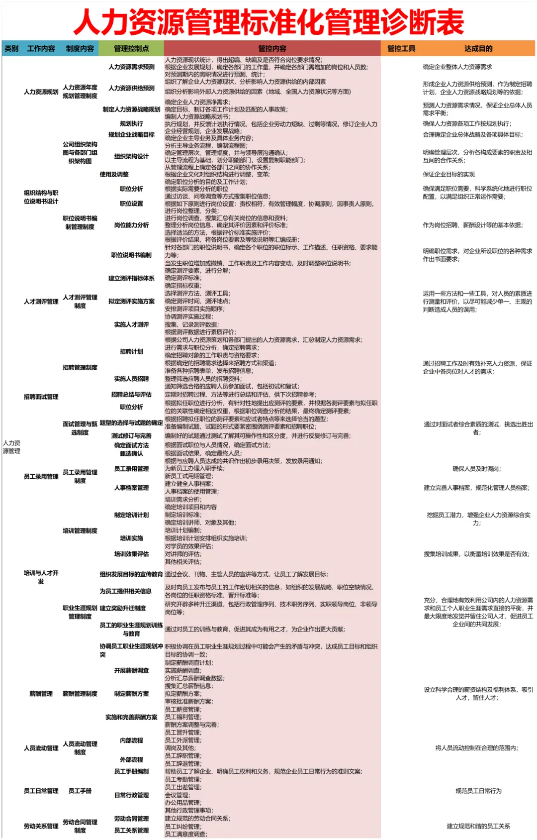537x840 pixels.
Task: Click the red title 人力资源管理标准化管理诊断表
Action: [x=268, y=22]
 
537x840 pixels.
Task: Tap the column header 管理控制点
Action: [x=131, y=48]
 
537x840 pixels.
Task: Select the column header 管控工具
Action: [x=401, y=48]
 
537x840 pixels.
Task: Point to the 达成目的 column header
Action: [x=478, y=48]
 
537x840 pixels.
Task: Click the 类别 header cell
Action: [x=11, y=48]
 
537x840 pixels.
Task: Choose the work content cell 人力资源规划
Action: [x=41, y=92]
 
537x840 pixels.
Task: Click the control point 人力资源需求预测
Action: [x=131, y=67]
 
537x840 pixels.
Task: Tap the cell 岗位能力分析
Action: [x=131, y=225]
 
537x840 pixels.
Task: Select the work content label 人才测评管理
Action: [x=41, y=302]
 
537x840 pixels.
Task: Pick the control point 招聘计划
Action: [x=131, y=351]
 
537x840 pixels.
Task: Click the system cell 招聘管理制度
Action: [x=80, y=367]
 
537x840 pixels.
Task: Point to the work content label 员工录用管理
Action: [x=41, y=476]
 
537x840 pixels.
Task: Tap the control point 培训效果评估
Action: [x=131, y=554]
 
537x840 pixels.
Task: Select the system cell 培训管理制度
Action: [x=80, y=530]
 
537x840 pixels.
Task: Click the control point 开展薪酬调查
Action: [x=131, y=670]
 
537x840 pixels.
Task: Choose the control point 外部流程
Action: [x=131, y=759]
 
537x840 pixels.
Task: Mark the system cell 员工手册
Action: [x=80, y=791]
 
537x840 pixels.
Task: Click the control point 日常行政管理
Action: [x=131, y=795]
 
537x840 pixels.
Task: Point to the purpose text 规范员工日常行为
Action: [x=478, y=791]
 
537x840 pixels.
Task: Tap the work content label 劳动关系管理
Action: [x=41, y=826]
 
